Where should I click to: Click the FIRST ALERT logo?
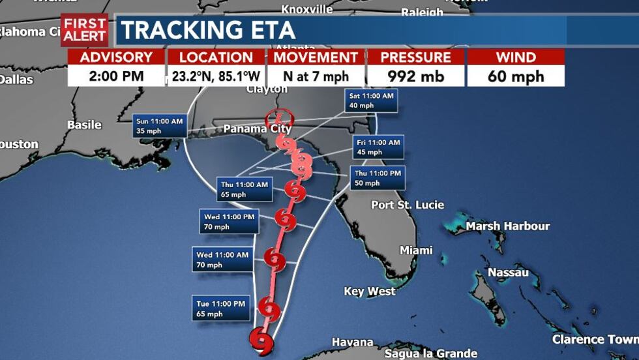pos(84,30)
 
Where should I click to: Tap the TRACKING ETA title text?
pos(208,31)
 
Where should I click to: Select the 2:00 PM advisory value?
pos(116,76)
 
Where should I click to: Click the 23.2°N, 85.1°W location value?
pos(216,76)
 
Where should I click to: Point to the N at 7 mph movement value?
pos(316,76)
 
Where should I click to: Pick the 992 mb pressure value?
pos(415,76)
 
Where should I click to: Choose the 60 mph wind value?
pos(516,76)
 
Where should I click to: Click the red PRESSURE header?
pos(415,57)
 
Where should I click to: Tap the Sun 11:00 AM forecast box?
pos(160,126)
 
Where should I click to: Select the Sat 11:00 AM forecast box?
pos(372,100)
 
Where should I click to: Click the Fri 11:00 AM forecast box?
pos(378,147)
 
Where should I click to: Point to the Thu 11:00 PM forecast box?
pos(378,178)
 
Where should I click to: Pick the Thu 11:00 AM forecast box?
pos(243,189)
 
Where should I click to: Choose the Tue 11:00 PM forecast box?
pos(221,308)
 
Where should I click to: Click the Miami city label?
pos(416,250)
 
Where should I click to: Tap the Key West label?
pos(370,292)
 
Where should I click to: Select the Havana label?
pos(352,342)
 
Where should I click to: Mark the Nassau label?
pos(508,272)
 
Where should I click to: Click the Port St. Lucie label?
pos(408,205)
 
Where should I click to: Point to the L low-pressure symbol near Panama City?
pos(280,118)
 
